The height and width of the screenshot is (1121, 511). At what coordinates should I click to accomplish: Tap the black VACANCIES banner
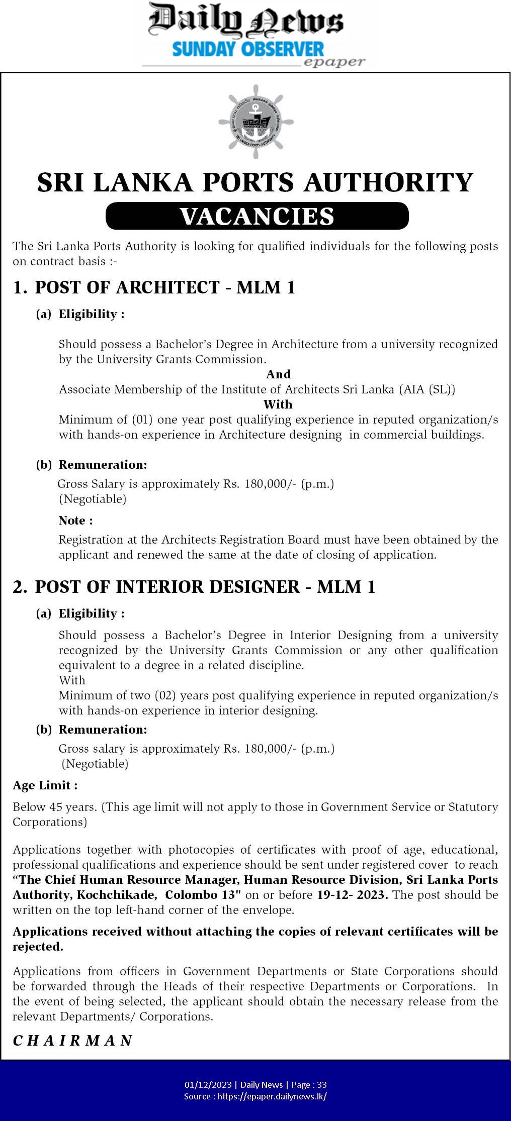[257, 216]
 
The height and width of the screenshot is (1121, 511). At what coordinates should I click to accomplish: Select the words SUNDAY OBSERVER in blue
[248, 49]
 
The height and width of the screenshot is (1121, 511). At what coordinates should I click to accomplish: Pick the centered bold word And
[278, 374]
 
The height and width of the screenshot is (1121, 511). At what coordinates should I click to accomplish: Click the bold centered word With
[278, 404]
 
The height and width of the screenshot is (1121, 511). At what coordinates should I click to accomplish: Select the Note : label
[75, 521]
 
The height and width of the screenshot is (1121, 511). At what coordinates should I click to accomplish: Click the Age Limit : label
[45, 785]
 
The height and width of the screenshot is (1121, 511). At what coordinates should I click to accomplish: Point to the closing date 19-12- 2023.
[353, 895]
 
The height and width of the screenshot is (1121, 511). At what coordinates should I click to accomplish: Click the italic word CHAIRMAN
[72, 1040]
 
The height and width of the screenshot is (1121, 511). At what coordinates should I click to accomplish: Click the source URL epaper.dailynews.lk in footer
[272, 1096]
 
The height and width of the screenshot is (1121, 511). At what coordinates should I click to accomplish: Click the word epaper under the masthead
[334, 62]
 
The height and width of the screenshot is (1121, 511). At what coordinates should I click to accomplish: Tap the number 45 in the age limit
[56, 807]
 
